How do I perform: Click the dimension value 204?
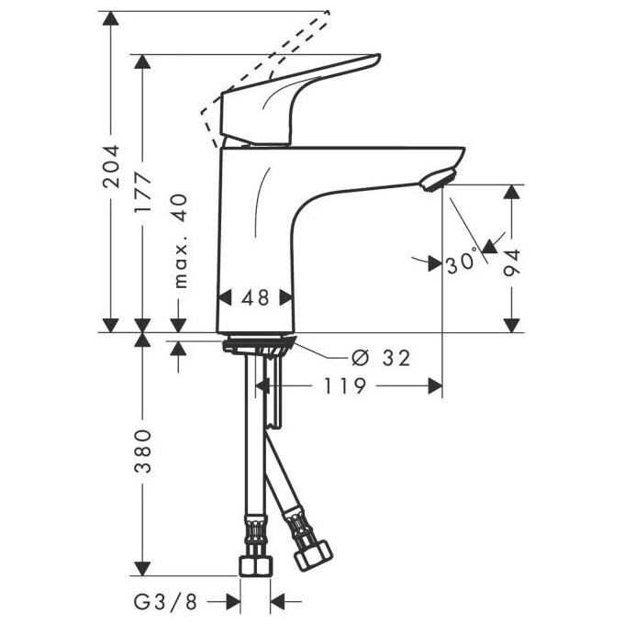(111, 166)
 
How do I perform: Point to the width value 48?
(255, 297)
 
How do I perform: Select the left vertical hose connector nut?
(253, 561)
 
